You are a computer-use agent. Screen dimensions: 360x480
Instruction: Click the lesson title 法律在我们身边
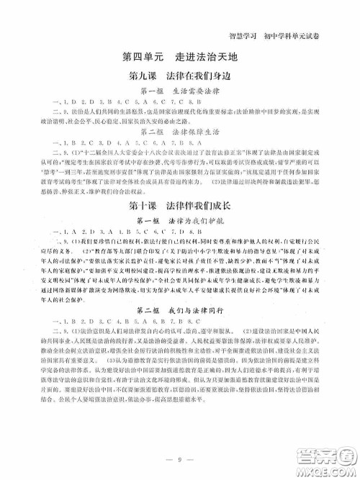point(198,76)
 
